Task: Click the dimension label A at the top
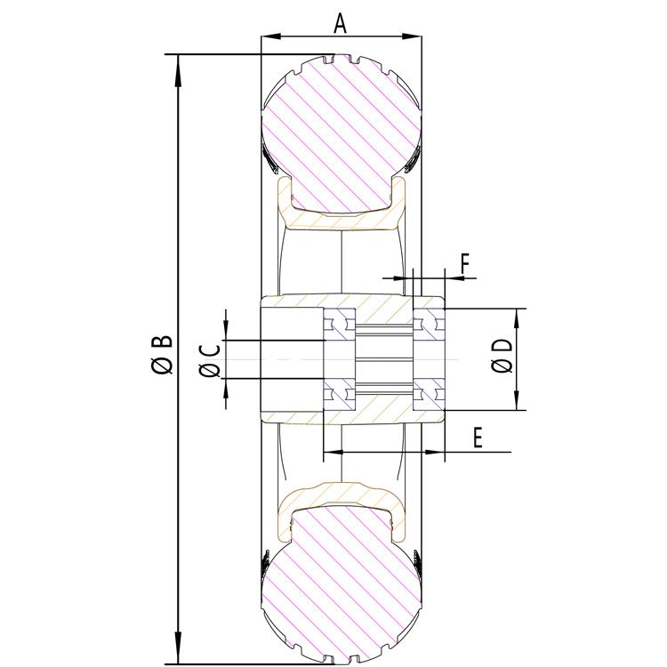[x=340, y=23]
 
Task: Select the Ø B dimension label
[x=162, y=354]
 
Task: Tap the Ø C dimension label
[x=211, y=359]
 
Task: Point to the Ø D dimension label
[x=502, y=357]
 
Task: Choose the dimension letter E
[x=478, y=438]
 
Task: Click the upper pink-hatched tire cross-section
[x=340, y=133]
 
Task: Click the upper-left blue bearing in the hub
[x=339, y=324]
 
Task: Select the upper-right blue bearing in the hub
[x=430, y=324]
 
